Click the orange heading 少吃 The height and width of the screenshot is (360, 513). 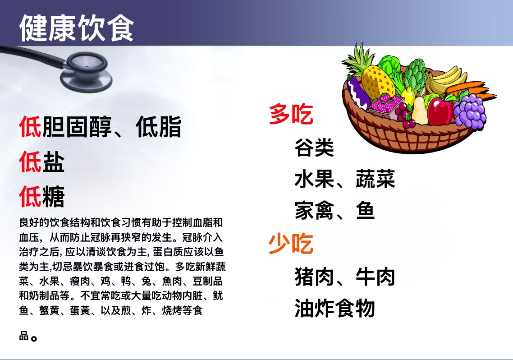[291, 243]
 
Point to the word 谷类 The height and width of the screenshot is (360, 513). [314, 148]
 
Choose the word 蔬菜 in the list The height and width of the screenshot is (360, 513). [375, 179]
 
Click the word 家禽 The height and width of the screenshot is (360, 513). [314, 210]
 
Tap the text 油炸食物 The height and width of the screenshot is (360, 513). [334, 308]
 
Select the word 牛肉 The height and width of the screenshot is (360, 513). [375, 277]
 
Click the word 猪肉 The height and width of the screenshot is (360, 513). [314, 277]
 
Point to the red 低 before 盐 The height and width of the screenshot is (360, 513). [30, 162]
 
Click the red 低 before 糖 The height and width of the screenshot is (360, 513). [30, 196]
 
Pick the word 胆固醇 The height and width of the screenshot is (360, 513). [77, 127]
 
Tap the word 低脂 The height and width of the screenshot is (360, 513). [158, 127]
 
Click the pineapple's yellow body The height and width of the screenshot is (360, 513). [378, 82]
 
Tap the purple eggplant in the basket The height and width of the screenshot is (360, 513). [358, 94]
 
